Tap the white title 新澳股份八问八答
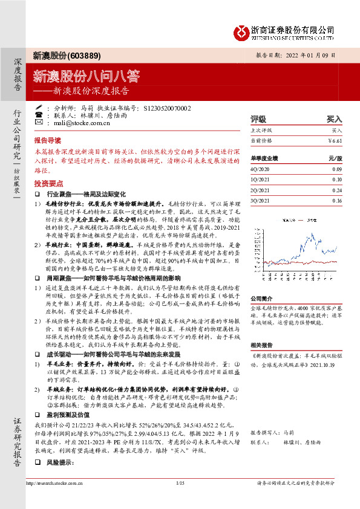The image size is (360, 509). click(86, 76)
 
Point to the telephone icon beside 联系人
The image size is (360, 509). click(39, 115)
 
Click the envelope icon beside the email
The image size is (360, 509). click(39, 123)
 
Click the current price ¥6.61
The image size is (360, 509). click(334, 140)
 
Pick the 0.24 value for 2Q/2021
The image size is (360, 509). click(336, 189)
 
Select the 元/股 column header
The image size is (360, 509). click(334, 158)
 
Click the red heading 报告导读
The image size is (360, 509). click(48, 139)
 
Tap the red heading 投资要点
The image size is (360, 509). click(48, 182)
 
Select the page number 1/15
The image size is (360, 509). click(180, 499)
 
